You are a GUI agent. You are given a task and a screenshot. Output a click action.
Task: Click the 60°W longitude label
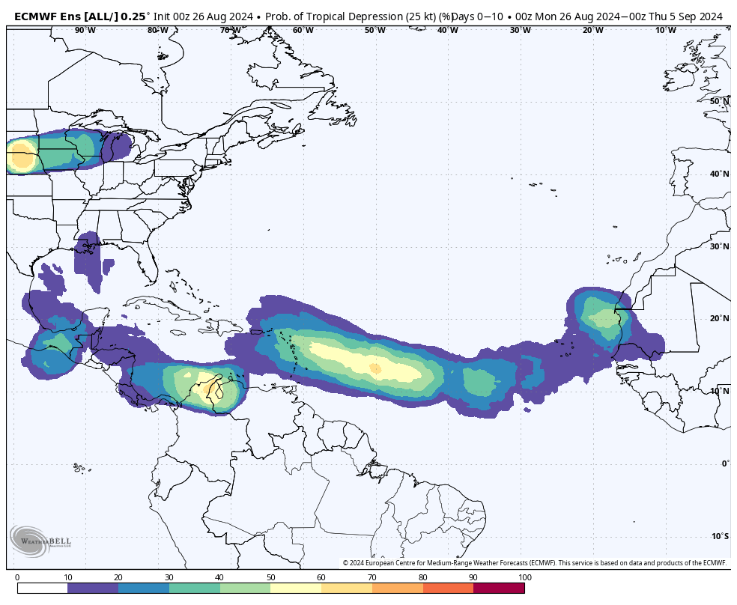click(x=303, y=30)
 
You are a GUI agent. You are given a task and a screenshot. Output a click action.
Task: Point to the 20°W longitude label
click(x=592, y=30)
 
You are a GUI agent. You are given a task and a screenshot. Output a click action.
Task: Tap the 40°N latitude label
click(x=720, y=174)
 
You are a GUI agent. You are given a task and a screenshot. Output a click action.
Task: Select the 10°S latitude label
click(x=720, y=535)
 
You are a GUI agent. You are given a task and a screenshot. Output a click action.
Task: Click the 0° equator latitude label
click(x=725, y=463)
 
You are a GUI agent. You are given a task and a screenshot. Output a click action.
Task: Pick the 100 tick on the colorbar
click(x=524, y=577)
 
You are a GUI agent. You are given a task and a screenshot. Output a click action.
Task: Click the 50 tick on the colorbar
click(x=270, y=577)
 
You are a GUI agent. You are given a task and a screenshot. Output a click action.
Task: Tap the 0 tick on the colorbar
click(x=17, y=577)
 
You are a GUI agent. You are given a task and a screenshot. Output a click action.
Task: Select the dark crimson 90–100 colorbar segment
click(x=499, y=589)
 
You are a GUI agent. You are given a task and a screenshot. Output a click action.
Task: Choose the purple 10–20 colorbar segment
click(x=93, y=589)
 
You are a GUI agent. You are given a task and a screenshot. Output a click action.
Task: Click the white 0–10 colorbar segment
click(x=42, y=589)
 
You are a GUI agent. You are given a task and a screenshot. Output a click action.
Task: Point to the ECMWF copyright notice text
click(x=534, y=563)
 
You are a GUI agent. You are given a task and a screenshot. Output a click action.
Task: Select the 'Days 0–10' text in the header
click(x=478, y=16)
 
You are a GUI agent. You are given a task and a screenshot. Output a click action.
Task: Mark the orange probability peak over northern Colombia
click(x=205, y=389)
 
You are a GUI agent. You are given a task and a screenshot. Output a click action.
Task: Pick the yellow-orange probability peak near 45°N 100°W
click(x=21, y=159)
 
